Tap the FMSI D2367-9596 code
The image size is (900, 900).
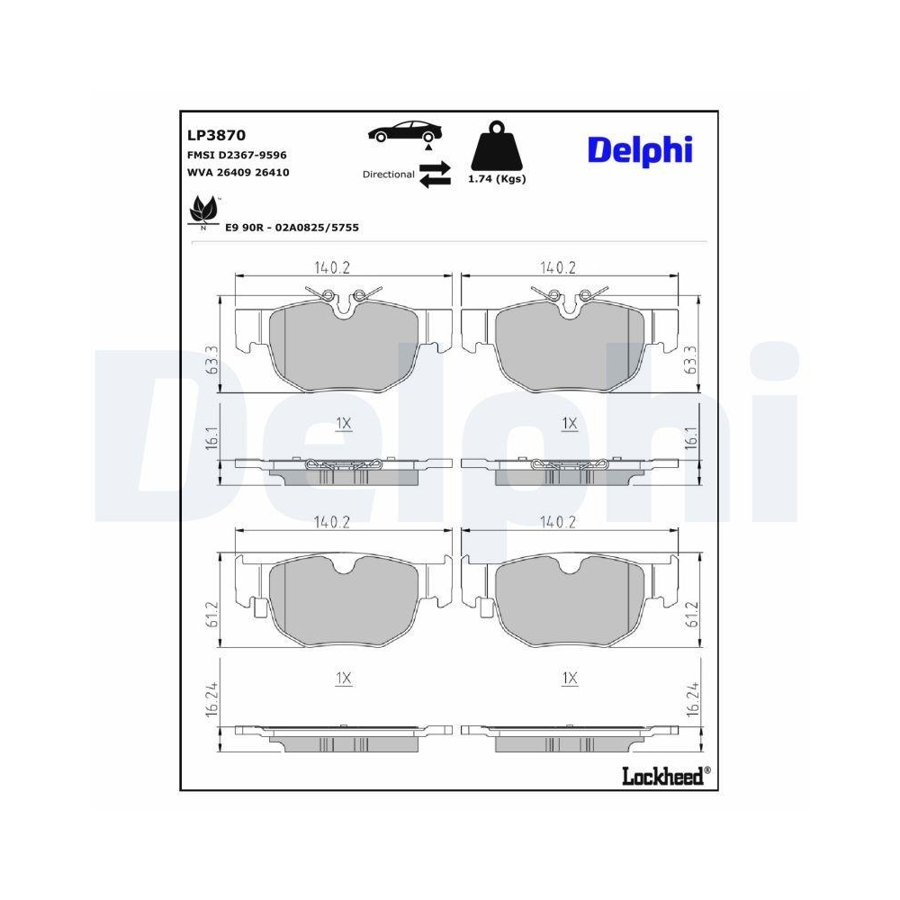pos(237,155)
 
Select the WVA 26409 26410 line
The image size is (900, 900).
pos(238,171)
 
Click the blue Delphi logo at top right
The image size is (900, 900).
pos(640,148)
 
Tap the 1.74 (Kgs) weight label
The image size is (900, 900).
pos(496,178)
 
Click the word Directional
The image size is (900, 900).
pos(388,175)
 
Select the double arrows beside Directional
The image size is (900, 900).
pos(435,174)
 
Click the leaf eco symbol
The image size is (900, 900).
pos(202,212)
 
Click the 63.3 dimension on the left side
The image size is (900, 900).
pos(213,361)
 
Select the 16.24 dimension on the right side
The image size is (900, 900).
pos(692,697)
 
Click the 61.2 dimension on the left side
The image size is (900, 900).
pos(213,614)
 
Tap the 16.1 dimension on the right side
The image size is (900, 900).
pos(692,438)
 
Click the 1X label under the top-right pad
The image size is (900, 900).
pos(569,422)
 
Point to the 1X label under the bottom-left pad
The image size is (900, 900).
pos(343,679)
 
